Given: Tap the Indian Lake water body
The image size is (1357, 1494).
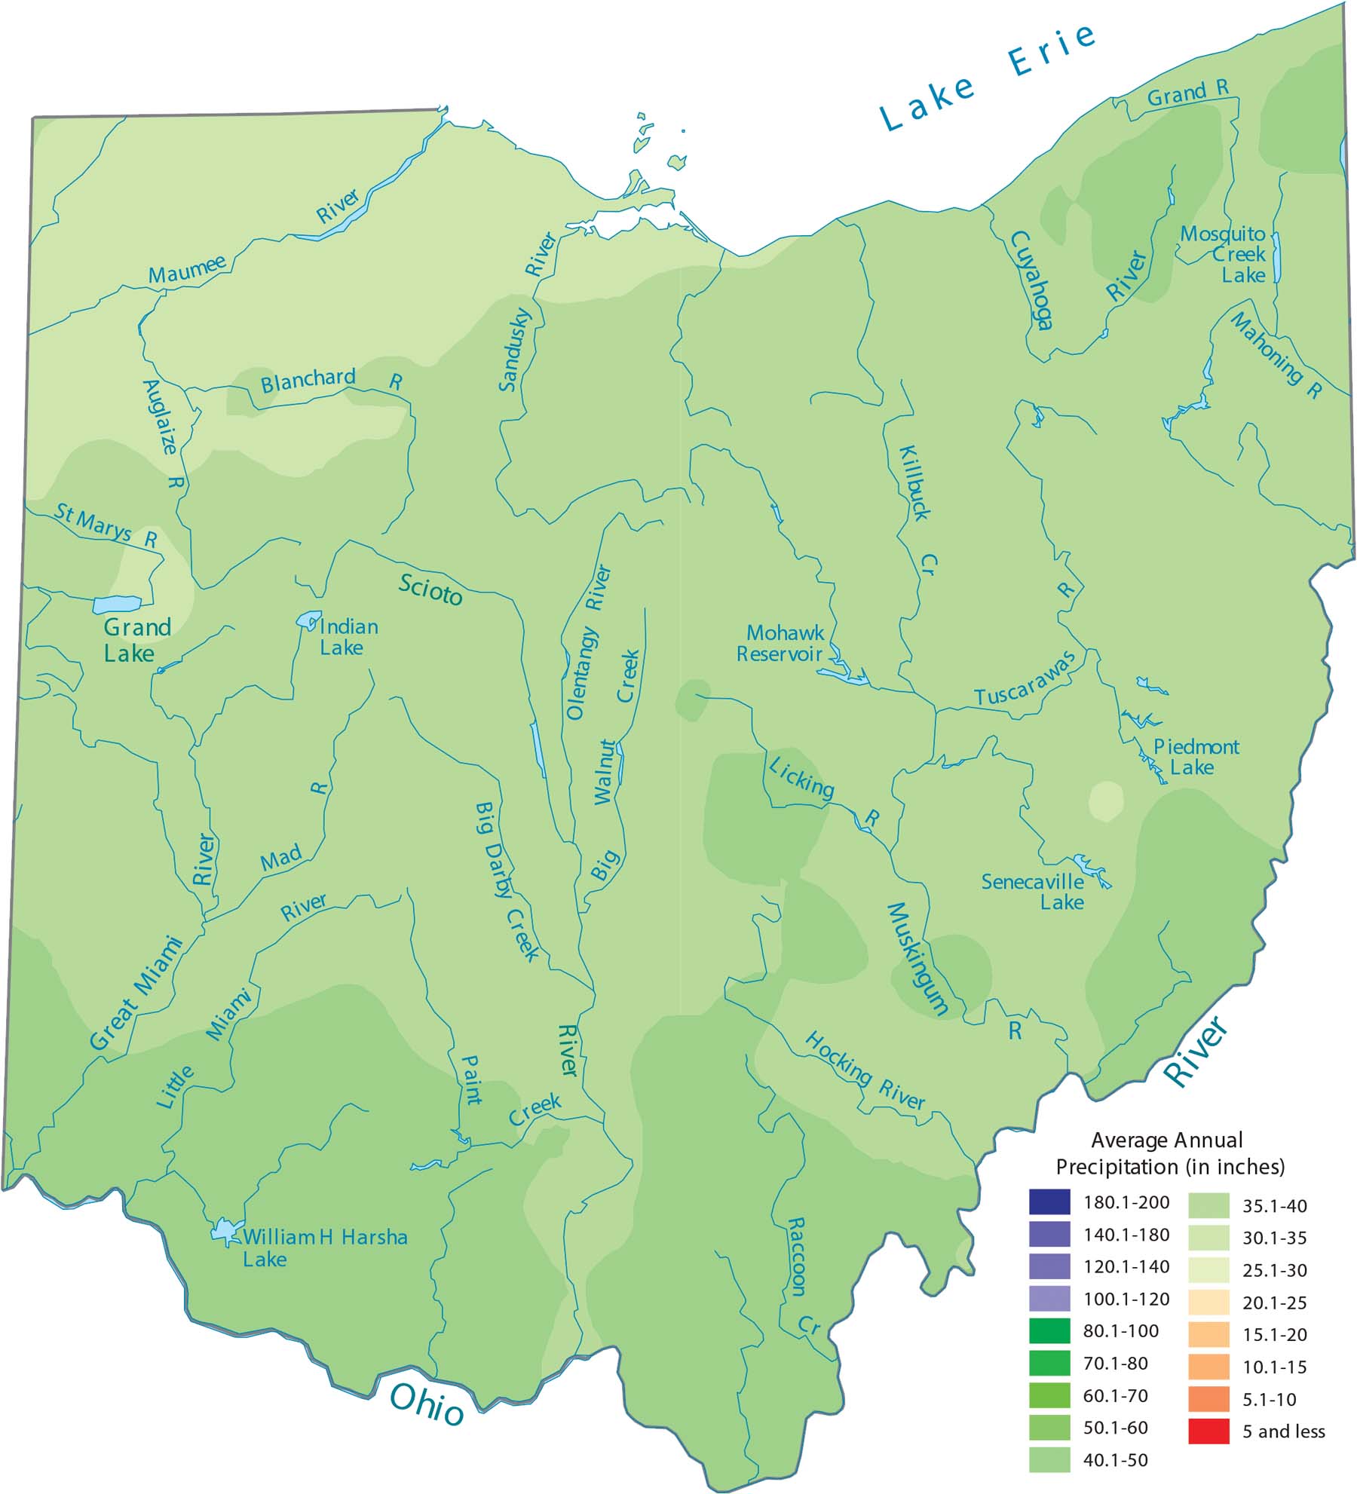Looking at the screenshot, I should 308,620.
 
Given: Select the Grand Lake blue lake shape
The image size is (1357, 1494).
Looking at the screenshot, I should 117,604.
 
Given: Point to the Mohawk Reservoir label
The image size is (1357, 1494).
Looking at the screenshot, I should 780,643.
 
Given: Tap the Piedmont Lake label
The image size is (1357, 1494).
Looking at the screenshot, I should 1194,757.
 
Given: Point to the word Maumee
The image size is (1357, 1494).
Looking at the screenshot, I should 186,269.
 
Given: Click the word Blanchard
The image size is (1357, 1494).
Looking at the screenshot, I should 308,380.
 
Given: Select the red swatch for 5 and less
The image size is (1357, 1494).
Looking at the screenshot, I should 1208,1431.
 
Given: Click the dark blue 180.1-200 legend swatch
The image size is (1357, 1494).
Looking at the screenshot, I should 1049,1202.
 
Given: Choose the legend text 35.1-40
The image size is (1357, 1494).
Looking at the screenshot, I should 1274,1205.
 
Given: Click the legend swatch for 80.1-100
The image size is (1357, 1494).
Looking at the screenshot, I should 1049,1330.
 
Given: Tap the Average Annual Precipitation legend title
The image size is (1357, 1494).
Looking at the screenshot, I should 1169,1153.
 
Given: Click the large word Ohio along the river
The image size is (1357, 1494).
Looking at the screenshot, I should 426,1405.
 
